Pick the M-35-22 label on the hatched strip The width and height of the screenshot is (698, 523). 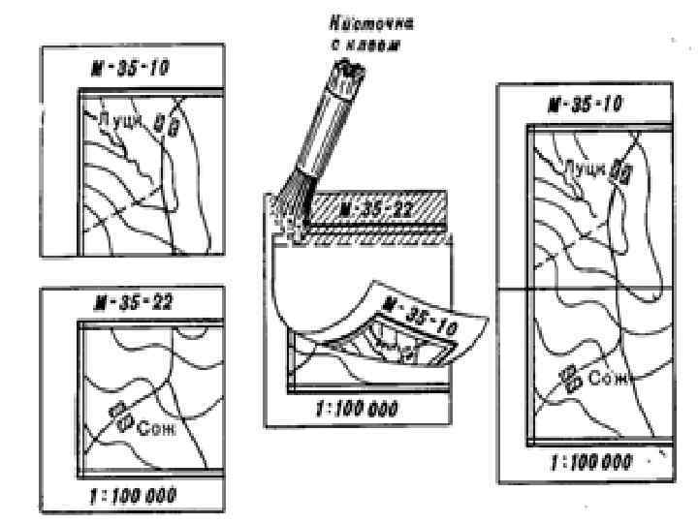[371, 210]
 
